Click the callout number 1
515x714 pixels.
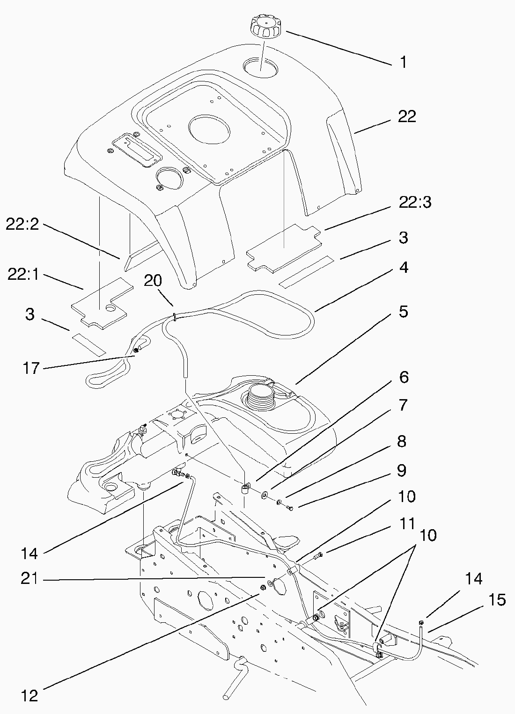point(403,62)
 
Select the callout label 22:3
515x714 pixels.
point(415,203)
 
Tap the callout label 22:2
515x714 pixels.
point(22,225)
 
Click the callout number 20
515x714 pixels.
point(153,280)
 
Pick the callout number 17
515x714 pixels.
point(30,369)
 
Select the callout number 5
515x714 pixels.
point(403,312)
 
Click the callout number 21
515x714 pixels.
point(29,579)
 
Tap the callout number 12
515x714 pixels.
point(29,695)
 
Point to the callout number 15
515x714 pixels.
point(497,600)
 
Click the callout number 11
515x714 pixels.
point(407,524)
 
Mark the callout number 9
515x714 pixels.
point(402,470)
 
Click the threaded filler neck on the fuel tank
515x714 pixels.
point(259,396)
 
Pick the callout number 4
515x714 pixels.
point(403,268)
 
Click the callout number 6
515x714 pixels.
point(403,377)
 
